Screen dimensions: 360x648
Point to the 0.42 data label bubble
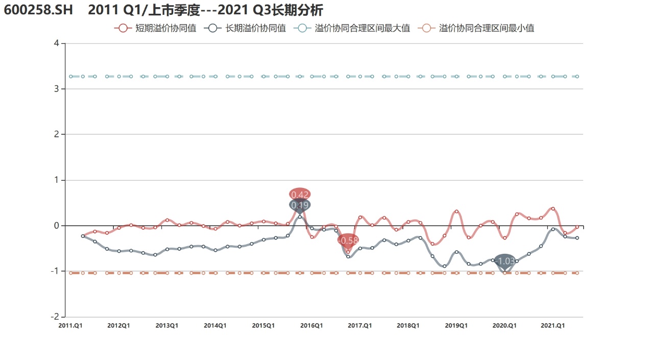(x=300, y=195)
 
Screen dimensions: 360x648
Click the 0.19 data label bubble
(x=300, y=205)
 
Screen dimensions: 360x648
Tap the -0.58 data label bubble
(x=348, y=240)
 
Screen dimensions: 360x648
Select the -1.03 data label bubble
(x=505, y=261)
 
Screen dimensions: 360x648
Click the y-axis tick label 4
(x=56, y=43)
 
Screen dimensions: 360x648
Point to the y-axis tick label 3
(x=56, y=89)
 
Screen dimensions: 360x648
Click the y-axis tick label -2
(x=54, y=317)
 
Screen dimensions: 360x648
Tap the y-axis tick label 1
(x=56, y=180)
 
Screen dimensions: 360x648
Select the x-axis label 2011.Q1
(x=70, y=325)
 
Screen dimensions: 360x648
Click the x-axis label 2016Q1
(x=311, y=325)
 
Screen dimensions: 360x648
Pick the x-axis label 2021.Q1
(x=553, y=325)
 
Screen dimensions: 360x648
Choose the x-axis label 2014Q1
(x=215, y=325)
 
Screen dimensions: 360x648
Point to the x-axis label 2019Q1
(x=456, y=325)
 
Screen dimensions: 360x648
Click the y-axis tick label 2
(x=56, y=134)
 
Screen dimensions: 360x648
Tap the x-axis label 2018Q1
(x=408, y=325)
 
